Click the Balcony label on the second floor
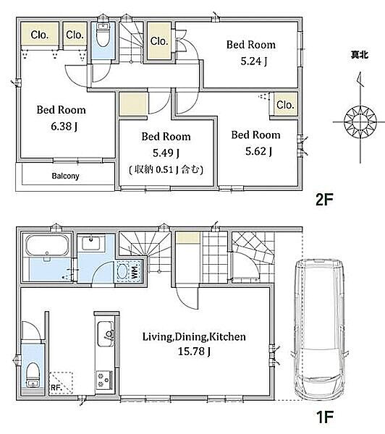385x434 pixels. click(65, 176)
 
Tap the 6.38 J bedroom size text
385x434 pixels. click(64, 127)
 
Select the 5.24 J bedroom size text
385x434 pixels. click(254, 61)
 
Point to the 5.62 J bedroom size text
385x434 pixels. click(258, 151)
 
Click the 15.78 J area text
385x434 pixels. click(194, 352)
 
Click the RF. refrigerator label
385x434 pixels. click(56, 388)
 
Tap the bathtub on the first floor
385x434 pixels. click(47, 244)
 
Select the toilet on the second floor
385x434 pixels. click(103, 35)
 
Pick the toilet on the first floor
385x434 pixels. click(33, 374)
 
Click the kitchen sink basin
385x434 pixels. click(105, 333)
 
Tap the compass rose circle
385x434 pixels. click(360, 122)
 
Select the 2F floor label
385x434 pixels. click(324, 200)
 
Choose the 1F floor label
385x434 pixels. click(324, 417)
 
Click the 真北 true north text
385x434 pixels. click(359, 55)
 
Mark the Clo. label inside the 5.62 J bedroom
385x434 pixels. click(285, 105)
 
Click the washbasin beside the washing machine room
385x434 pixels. click(91, 243)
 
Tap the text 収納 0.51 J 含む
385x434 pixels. click(166, 169)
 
